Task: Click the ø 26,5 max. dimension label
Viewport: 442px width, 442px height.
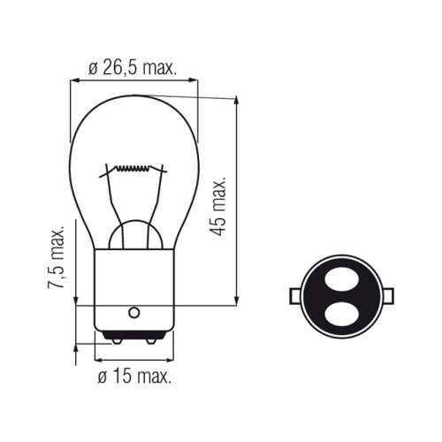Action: [133, 69]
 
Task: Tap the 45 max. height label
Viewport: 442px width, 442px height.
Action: [218, 206]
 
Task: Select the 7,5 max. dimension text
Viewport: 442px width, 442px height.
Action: [56, 258]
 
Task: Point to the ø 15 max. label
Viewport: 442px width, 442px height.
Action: [134, 376]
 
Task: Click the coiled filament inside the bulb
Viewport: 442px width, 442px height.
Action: [133, 168]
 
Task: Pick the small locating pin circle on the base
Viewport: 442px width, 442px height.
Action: [134, 312]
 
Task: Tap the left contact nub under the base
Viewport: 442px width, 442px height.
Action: [117, 341]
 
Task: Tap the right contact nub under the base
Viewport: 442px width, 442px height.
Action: [151, 341]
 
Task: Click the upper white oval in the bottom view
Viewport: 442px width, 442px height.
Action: [341, 279]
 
